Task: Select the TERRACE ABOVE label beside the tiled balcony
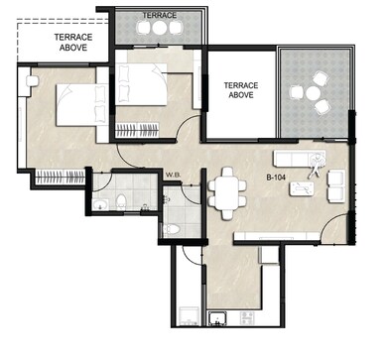click(x=241, y=90)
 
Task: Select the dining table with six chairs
click(x=224, y=186)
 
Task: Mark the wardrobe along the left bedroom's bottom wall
click(x=61, y=177)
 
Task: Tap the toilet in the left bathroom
click(x=120, y=202)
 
